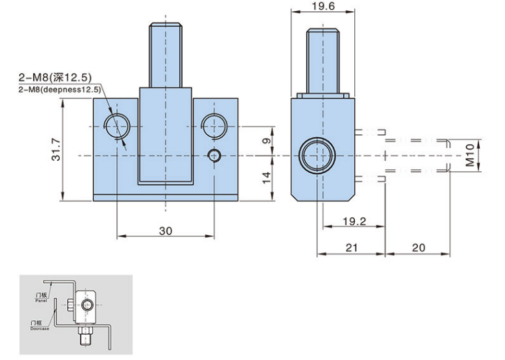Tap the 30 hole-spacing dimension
pyautogui.click(x=166, y=230)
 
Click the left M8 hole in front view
pyautogui.click(x=117, y=125)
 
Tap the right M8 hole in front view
pyautogui.click(x=213, y=125)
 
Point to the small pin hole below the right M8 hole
pyautogui.click(x=213, y=155)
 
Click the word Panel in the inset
pyautogui.click(x=39, y=301)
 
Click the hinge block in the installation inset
pyautogui.click(x=86, y=306)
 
